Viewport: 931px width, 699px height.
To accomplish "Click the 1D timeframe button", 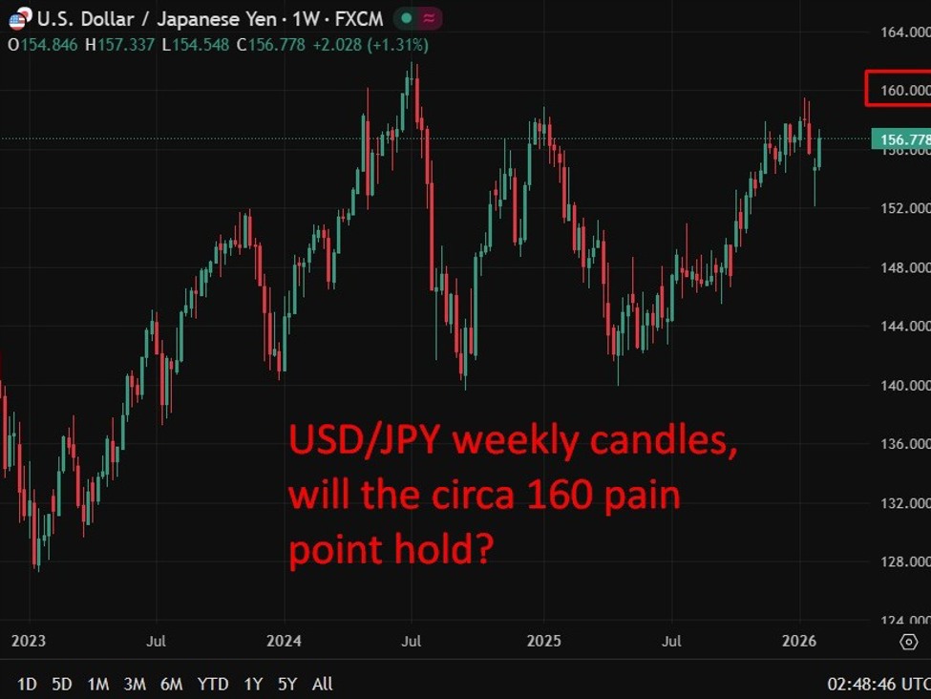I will [x=28, y=684].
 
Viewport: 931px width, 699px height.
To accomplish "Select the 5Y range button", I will [x=287, y=684].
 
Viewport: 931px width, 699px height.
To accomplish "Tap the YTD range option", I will [x=213, y=684].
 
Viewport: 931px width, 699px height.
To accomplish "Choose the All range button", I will [x=323, y=684].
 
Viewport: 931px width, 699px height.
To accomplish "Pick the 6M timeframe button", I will [x=172, y=684].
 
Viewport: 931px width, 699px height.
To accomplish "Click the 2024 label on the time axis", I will [x=285, y=642].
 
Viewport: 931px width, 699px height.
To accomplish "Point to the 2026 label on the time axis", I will [x=799, y=642].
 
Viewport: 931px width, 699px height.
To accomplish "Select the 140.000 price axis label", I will [x=904, y=385].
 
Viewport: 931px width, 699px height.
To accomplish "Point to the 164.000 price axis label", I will [x=904, y=32].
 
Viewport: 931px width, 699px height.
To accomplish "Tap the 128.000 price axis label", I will [x=904, y=561].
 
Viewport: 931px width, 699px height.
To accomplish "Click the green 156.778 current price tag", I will [x=901, y=140].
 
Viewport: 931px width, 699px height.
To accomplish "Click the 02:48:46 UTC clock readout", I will [x=878, y=684].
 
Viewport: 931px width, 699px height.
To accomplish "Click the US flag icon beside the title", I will [x=18, y=19].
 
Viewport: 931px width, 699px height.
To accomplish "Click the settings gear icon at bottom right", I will [x=908, y=642].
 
